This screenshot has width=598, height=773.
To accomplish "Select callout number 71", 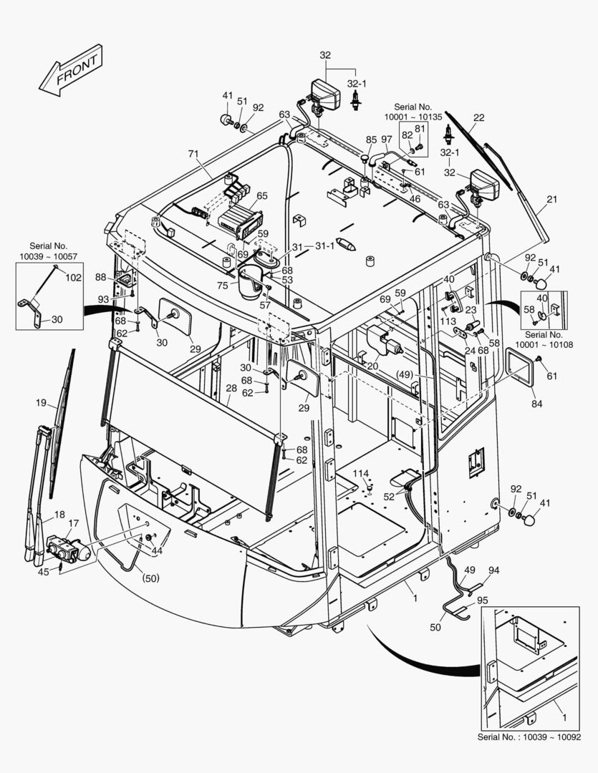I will pos(193,154).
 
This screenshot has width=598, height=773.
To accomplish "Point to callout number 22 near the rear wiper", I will pos(478,118).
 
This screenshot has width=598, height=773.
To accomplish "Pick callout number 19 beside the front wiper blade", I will pos(42,403).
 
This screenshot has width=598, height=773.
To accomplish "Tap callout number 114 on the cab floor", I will pos(360,473).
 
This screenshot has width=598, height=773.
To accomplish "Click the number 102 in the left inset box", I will pos(74,277).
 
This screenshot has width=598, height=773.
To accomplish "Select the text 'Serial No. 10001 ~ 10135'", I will pos(413,112).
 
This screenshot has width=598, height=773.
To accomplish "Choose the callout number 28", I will pos(231,389).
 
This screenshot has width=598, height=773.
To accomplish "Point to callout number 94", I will pos(493,570).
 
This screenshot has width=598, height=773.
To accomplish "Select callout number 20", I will pos(372,366).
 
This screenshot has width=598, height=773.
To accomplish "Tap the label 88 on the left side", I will pos(100,278).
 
